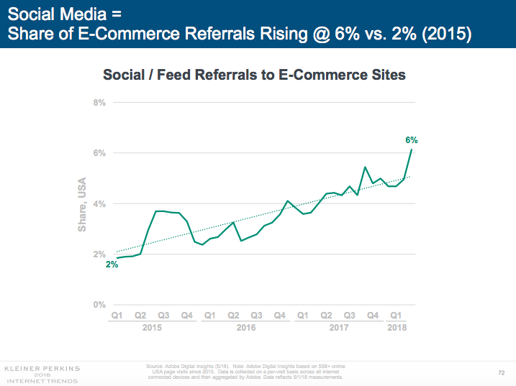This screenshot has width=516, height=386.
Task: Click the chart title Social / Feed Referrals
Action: click(255, 74)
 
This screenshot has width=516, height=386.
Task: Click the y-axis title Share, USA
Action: click(82, 204)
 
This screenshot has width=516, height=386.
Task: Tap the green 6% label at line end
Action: click(412, 140)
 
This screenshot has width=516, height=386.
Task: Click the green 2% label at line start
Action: click(112, 265)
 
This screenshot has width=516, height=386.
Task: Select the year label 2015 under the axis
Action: click(152, 327)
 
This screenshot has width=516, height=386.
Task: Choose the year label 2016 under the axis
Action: click(245, 327)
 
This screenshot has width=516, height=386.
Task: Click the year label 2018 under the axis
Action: click(396, 327)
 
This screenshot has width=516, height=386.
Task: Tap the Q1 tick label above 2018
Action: click(396, 315)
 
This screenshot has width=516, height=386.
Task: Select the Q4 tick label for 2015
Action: click(186, 315)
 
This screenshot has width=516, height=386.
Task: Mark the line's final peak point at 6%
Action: click(411, 150)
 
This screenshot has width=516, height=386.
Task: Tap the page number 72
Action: click(501, 372)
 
